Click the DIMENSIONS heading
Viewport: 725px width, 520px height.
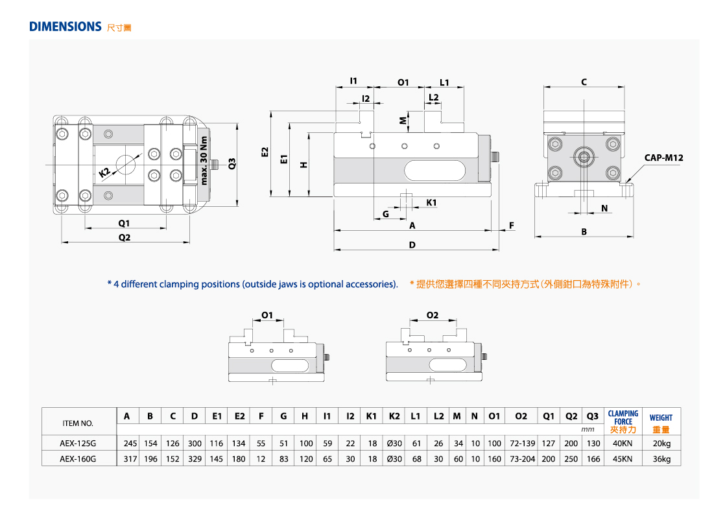(x=65, y=27)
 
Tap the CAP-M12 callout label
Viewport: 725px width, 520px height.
(x=663, y=158)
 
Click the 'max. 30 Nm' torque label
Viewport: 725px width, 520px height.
(x=204, y=160)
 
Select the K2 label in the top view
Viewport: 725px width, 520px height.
(x=104, y=172)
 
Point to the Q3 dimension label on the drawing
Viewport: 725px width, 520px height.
(x=232, y=163)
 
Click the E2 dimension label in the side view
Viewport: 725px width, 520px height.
(x=265, y=152)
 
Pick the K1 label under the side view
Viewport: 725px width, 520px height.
(x=431, y=202)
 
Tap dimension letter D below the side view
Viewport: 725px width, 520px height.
(x=412, y=244)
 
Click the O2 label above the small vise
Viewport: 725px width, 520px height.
(x=433, y=314)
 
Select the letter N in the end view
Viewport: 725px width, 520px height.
(x=604, y=209)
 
